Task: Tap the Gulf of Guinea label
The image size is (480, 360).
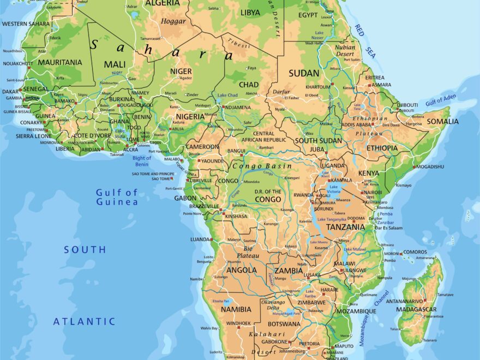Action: (117, 197)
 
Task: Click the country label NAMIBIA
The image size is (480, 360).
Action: (236, 309)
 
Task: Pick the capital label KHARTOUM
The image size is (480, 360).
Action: (318, 87)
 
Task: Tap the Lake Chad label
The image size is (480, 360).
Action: (227, 95)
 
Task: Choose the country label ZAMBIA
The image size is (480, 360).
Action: (289, 271)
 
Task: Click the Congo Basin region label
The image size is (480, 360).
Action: (262, 166)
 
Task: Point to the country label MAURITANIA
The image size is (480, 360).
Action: (60, 63)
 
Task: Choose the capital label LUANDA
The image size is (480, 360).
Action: (200, 239)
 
